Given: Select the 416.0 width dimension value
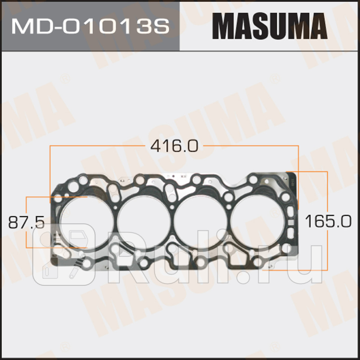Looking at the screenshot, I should pyautogui.click(x=174, y=146).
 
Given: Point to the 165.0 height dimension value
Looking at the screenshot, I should pyautogui.click(x=328, y=222).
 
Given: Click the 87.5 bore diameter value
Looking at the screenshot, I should pyautogui.click(x=26, y=223).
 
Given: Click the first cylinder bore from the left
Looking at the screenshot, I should pyautogui.click(x=86, y=222).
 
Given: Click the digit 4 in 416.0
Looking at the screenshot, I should pyautogui.click(x=156, y=146).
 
